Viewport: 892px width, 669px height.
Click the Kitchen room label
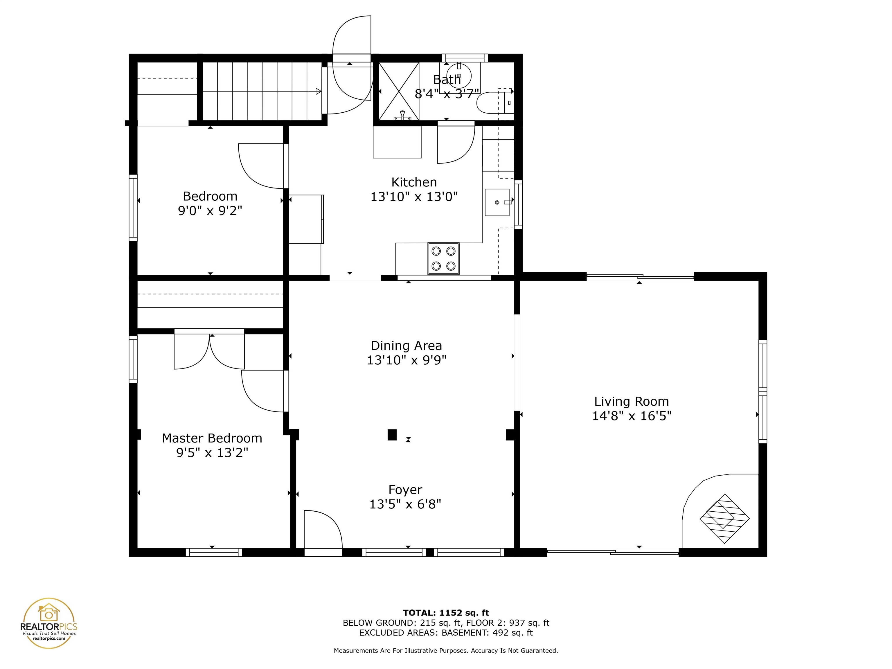[414, 182]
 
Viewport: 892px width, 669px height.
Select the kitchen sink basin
[497, 202]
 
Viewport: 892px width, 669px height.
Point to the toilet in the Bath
[495, 102]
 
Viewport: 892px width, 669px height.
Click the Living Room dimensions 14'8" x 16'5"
[632, 416]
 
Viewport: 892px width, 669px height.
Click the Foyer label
[405, 490]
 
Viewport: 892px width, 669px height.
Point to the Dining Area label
[406, 346]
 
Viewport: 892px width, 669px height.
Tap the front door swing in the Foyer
[323, 529]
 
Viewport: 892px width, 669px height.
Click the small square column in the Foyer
[392, 435]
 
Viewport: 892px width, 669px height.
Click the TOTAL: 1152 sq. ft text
[446, 613]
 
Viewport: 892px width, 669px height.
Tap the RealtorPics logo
[49, 623]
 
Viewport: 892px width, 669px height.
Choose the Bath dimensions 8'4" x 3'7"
[447, 94]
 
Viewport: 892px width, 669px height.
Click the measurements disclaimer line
[446, 650]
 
